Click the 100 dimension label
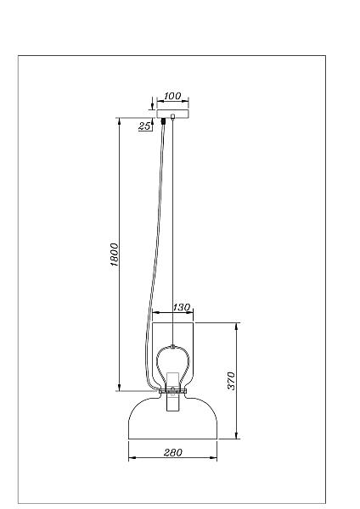[x=172, y=96]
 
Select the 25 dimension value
[x=144, y=126]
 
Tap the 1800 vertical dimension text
[x=114, y=255]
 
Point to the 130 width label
[x=182, y=307]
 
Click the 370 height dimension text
[x=231, y=381]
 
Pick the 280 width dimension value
[x=173, y=452]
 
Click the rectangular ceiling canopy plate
[x=172, y=114]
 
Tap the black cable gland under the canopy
[x=163, y=121]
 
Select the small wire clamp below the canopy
[x=172, y=116]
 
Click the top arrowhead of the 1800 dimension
[x=119, y=121]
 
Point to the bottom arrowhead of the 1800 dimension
[x=119, y=388]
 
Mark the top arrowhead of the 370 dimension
[x=237, y=327]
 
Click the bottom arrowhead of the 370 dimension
[x=237, y=435]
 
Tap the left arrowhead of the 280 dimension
[x=132, y=458]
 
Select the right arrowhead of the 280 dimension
[x=213, y=458]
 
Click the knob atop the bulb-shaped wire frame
[x=173, y=346]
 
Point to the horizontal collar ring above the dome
[x=173, y=391]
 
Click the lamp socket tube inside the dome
[x=173, y=392]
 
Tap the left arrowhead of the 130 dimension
[x=156, y=312]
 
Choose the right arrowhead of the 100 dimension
[x=185, y=101]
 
